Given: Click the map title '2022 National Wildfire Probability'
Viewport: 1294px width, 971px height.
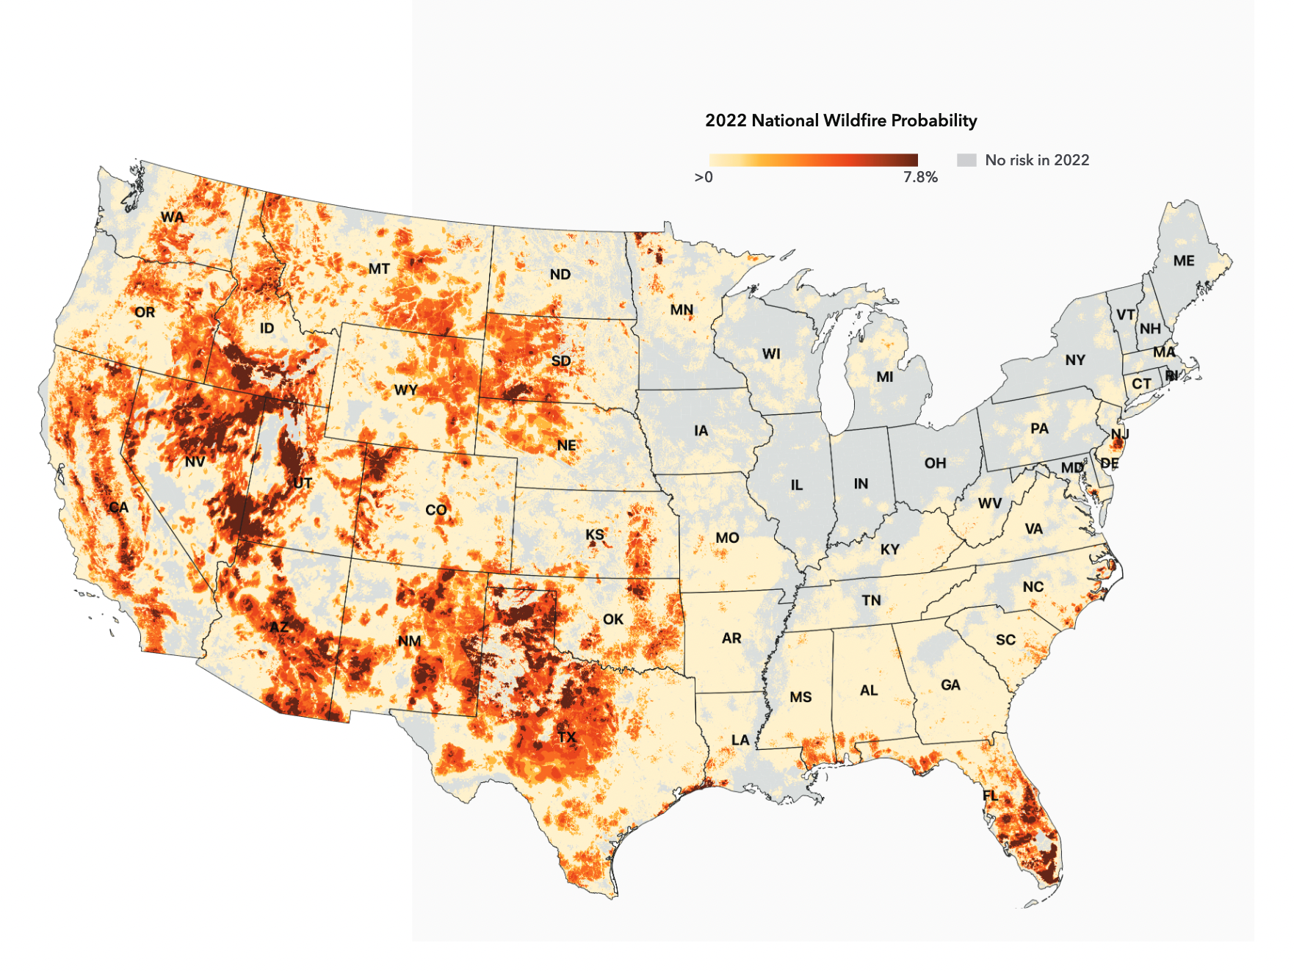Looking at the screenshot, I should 841,120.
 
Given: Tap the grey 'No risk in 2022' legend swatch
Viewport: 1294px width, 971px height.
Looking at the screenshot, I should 966,160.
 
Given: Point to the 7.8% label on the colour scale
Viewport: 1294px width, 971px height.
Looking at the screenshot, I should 920,177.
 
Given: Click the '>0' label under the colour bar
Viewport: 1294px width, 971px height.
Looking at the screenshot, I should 704,177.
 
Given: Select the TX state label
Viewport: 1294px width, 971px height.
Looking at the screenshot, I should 566,737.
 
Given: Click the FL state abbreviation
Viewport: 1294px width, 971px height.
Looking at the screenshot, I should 990,795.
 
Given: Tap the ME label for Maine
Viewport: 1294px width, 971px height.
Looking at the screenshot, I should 1183,261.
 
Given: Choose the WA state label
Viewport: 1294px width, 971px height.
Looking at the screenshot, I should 173,217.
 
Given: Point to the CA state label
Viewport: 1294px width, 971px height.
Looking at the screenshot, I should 118,507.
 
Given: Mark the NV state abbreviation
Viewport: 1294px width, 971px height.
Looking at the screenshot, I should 195,461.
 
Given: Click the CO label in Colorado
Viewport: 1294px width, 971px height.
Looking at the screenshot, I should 435,509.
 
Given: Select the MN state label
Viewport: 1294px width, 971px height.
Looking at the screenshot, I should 682,310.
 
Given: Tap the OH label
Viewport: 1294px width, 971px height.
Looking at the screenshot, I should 935,463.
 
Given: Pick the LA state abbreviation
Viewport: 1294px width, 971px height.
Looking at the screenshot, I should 740,740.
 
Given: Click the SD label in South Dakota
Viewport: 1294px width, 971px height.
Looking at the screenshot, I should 560,361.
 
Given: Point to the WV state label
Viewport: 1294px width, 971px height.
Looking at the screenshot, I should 989,503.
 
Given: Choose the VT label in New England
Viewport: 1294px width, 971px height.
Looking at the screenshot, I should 1125,314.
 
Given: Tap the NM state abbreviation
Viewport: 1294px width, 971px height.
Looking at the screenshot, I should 409,640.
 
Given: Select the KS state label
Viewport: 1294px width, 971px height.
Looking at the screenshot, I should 594,534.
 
